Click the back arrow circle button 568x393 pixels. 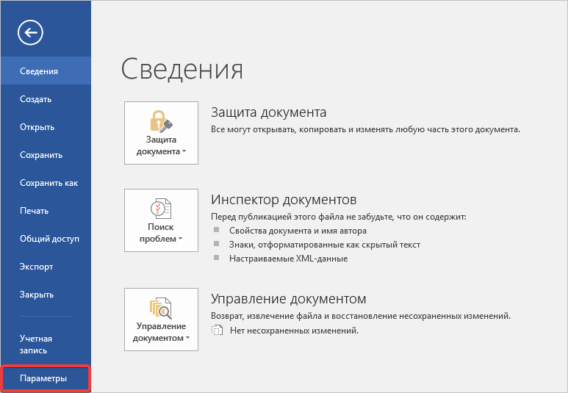(30, 32)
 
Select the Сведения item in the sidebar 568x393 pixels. (39, 71)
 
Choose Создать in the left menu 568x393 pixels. (35, 99)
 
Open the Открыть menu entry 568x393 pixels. (37, 127)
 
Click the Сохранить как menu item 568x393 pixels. (49, 183)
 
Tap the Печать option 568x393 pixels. (34, 211)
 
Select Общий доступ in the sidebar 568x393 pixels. (50, 239)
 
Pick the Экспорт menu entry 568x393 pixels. (36, 267)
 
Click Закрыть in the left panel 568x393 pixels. (37, 295)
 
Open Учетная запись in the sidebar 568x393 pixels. (36, 345)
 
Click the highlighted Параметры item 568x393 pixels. (43, 378)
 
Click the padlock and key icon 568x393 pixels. (161, 121)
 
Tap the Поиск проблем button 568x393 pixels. (161, 220)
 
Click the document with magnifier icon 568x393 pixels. (161, 308)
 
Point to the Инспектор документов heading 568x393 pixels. (284, 200)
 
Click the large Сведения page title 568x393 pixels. (181, 69)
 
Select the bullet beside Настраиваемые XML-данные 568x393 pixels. (216, 258)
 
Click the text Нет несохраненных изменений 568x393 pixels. (294, 331)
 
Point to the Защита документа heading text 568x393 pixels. (269, 112)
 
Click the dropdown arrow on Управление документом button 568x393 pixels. (187, 339)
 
